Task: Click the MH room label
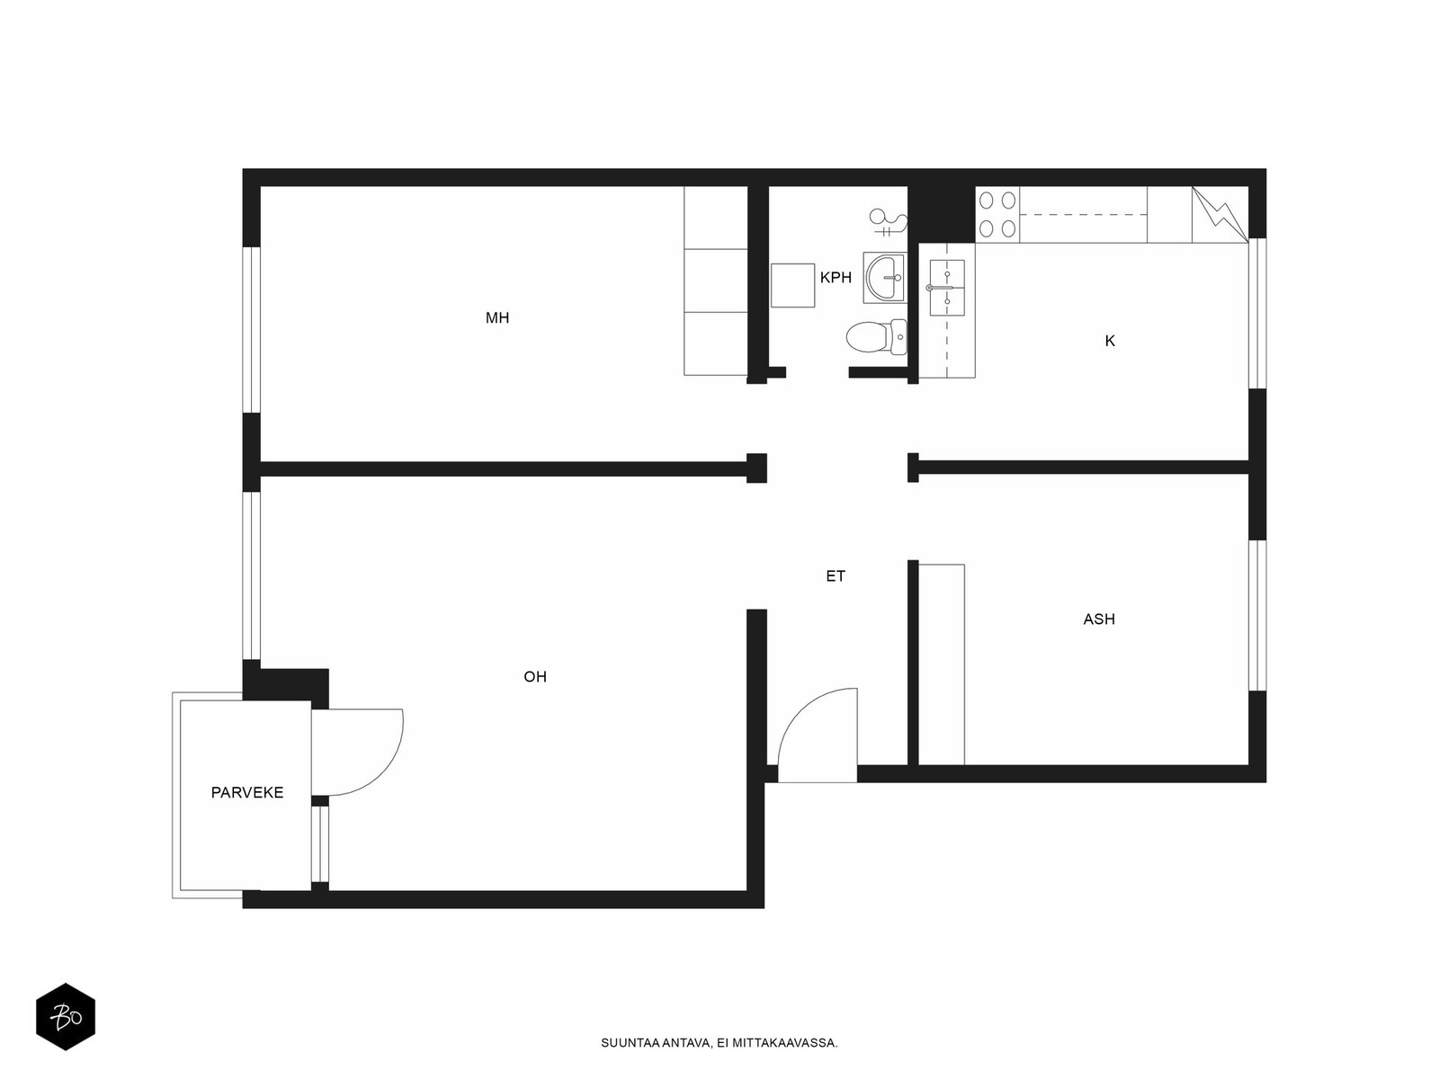[x=497, y=317]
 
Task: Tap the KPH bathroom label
[x=836, y=277]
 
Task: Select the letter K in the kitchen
[x=1110, y=341]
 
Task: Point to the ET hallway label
[x=836, y=575]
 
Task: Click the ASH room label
[x=1099, y=620]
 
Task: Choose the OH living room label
[x=535, y=677]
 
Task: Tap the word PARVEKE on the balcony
[x=247, y=793]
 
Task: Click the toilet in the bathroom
[x=877, y=336]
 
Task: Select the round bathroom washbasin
[x=884, y=278]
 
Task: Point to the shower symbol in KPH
[x=888, y=222]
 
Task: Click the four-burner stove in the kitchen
[x=997, y=214]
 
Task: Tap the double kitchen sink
[x=947, y=288]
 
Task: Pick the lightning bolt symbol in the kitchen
[x=1219, y=215]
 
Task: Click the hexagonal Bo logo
[x=66, y=1017]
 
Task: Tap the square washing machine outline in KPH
[x=792, y=285]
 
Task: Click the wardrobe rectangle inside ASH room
[x=942, y=664]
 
